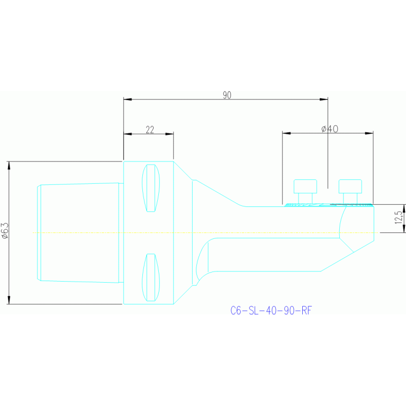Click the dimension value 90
pos(227,95)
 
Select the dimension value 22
pos(150,130)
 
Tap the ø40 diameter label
pos(330,129)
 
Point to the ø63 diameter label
pos(5,231)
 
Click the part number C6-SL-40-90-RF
pos(270,311)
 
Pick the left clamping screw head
pos(305,186)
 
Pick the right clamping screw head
pos(350,186)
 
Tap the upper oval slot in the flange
pos(151,188)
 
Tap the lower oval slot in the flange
pos(151,277)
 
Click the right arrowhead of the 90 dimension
pos(324,99)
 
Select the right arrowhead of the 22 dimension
pos(170,133)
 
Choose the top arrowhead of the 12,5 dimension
pos(404,208)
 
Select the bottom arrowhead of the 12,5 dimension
pos(404,229)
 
